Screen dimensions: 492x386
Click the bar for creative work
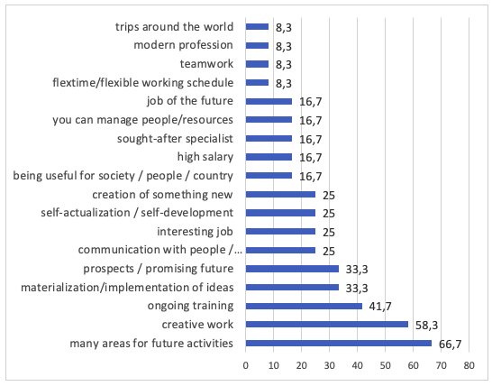pyautogui.click(x=326, y=325)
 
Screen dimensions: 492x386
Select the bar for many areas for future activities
pyautogui.click(x=339, y=343)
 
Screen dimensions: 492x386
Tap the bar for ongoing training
pyautogui.click(x=304, y=306)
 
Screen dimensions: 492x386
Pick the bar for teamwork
pyautogui.click(x=257, y=64)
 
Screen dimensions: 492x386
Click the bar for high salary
pyautogui.click(x=269, y=157)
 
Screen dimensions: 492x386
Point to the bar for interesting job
pyautogui.click(x=280, y=232)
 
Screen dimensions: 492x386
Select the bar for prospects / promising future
pyautogui.click(x=292, y=269)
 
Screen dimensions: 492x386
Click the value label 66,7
pyautogui.click(x=450, y=345)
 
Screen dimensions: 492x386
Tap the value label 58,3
pyautogui.click(x=426, y=326)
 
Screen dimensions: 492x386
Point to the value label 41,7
pyautogui.click(x=380, y=307)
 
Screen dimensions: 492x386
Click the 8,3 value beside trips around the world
pyautogui.click(x=284, y=28)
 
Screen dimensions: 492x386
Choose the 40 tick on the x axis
pyautogui.click(x=358, y=365)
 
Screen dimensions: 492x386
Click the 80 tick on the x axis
pyautogui.click(x=469, y=365)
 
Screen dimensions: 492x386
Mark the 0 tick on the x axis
pyautogui.click(x=246, y=365)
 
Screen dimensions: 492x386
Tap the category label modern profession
pyautogui.click(x=183, y=45)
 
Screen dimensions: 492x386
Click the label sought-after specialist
pyautogui.click(x=175, y=139)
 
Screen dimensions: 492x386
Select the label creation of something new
pyautogui.click(x=162, y=195)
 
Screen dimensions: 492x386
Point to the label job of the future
pyautogui.click(x=190, y=101)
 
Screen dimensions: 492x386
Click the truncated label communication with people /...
pyautogui.click(x=160, y=250)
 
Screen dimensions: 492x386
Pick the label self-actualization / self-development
pyautogui.click(x=137, y=213)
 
